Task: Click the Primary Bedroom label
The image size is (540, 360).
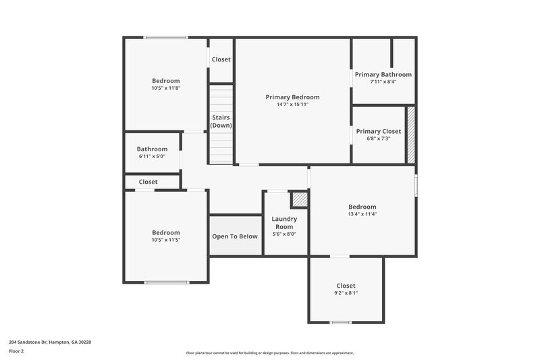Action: point(292,97)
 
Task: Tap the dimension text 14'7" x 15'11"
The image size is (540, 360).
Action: point(292,105)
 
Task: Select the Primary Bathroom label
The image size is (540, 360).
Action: point(383,74)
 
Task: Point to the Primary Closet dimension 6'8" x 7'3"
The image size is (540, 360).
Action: point(379,138)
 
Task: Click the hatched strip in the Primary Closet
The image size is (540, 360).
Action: point(410,134)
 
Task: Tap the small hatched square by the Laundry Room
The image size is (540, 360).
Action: point(298,199)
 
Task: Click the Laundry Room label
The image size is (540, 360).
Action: point(284,223)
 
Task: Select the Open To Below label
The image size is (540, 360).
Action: point(235,236)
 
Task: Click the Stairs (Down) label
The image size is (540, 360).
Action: point(221,122)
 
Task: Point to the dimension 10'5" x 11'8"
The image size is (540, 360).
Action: point(165,88)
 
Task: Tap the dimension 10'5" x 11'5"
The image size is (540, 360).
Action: point(165,240)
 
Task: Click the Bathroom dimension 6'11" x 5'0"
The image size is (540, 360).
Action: point(152,156)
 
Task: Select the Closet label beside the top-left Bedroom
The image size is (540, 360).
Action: point(221,59)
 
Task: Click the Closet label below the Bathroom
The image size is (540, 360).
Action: point(148,182)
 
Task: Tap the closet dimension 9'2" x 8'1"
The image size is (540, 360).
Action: point(346,293)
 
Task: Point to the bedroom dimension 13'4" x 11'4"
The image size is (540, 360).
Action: point(362,214)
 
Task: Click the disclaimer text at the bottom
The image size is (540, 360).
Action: point(270,353)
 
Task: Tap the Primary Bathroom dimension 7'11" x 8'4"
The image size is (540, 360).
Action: point(383,82)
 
